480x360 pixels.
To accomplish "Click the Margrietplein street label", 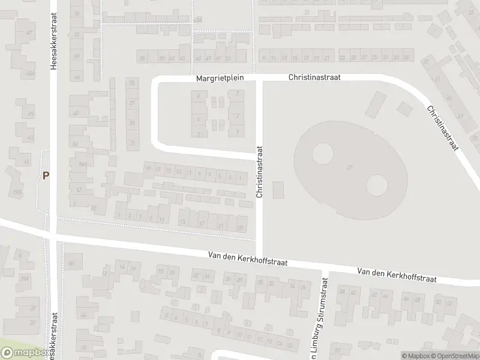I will point(217,78).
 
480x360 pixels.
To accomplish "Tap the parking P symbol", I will point(46,176).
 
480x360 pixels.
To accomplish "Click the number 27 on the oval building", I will point(349,167).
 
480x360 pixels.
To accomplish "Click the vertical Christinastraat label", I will point(260,172).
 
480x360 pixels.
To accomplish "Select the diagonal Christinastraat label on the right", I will point(443,128).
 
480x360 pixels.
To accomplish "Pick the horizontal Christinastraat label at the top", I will point(311,77).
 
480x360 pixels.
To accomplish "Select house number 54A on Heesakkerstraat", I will point(82,163).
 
